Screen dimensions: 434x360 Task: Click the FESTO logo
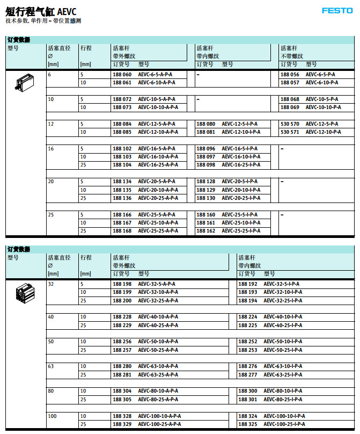point(337,10)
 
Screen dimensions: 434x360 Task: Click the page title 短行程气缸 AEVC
point(41,11)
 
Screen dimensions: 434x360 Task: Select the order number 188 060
point(122,74)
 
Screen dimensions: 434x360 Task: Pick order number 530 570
point(290,124)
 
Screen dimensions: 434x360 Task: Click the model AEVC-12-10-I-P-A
point(241,132)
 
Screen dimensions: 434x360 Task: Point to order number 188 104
point(122,165)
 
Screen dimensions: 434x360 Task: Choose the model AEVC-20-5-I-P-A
point(239,182)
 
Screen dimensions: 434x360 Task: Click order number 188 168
point(122,231)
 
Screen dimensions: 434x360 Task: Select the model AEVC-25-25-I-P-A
point(241,231)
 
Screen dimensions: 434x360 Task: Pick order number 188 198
point(122,284)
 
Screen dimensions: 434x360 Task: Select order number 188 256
point(122,342)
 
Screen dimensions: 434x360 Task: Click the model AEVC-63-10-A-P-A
point(158,366)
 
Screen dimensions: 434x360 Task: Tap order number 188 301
point(247,399)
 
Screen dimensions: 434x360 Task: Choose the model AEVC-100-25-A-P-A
point(159,424)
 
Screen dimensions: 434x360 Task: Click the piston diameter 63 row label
point(51,366)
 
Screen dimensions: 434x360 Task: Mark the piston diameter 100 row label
point(53,416)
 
